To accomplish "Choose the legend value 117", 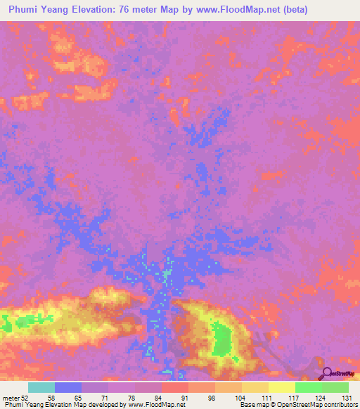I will click(x=295, y=398).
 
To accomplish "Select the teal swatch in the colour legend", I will click(x=41, y=387).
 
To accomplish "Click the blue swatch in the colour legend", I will click(x=68, y=387).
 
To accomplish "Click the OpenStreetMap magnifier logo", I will click(x=326, y=373).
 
